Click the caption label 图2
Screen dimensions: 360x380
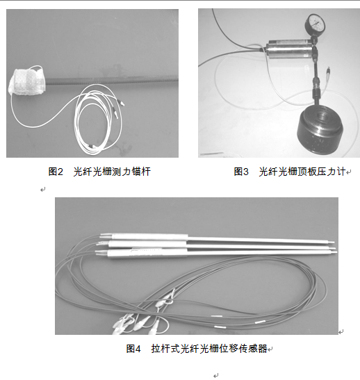pos(56,172)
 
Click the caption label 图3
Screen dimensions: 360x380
pos(241,172)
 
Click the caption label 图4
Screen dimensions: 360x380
pos(133,349)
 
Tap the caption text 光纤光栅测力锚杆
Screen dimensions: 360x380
pos(112,172)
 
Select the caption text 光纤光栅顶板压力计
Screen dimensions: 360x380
pos(302,172)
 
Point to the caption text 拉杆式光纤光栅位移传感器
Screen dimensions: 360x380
pos(209,349)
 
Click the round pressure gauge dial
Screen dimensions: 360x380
pos(317,24)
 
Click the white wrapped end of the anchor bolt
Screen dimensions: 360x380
pos(27,82)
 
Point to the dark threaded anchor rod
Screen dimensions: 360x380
pos(112,80)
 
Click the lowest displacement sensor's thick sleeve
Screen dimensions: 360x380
pos(147,253)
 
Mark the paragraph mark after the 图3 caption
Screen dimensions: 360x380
pos(349,172)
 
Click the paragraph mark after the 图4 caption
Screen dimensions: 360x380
pos(270,349)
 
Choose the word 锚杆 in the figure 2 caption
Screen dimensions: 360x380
pos(141,172)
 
